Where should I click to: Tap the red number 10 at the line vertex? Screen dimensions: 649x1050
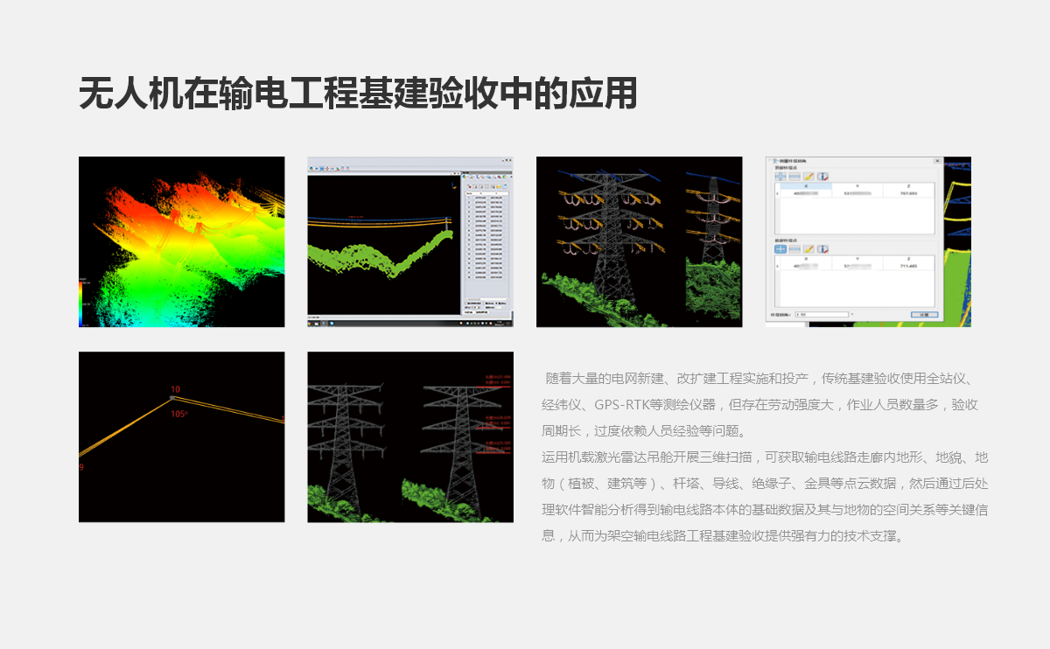pyautogui.click(x=175, y=389)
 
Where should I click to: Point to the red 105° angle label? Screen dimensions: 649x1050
pyautogui.click(x=178, y=415)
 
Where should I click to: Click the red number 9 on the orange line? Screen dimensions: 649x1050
pyautogui.click(x=81, y=468)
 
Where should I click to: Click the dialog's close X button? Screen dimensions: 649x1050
pyautogui.click(x=937, y=162)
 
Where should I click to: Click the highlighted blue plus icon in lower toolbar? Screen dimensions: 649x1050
pyautogui.click(x=780, y=249)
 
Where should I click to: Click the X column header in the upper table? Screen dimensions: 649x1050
pyautogui.click(x=794, y=185)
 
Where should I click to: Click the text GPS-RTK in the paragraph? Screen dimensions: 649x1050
pyautogui.click(x=623, y=405)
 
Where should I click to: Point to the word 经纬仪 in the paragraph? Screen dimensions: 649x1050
pyautogui.click(x=561, y=405)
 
